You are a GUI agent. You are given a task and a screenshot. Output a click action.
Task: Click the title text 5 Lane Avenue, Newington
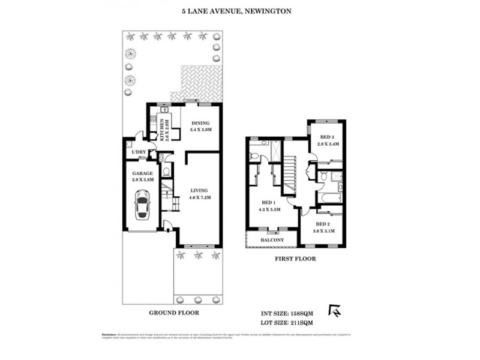[239, 10]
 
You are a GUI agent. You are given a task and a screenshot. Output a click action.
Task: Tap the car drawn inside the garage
[143, 205]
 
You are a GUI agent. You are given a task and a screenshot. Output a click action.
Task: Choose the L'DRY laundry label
[139, 152]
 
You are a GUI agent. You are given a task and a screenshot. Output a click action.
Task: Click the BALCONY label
[272, 241]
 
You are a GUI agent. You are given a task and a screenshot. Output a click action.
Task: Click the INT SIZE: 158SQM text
[282, 313]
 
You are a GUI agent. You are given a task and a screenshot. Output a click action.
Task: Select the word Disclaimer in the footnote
[109, 334]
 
